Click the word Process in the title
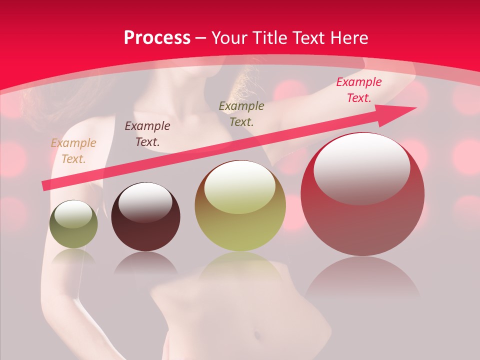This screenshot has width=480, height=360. (x=157, y=38)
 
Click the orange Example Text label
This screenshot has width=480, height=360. (x=73, y=151)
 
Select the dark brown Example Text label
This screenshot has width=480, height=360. (x=147, y=134)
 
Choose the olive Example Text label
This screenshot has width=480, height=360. (x=241, y=114)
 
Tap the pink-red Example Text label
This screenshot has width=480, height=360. (x=358, y=90)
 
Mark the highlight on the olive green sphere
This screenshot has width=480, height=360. (x=73, y=214)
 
